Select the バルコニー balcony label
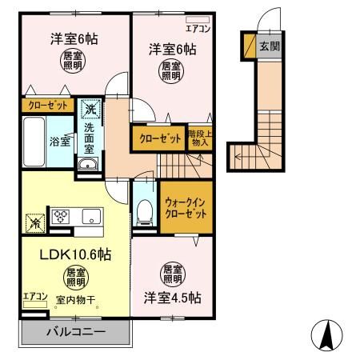pos(75,331)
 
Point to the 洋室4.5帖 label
pos(173,297)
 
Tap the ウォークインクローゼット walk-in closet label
pos(186,209)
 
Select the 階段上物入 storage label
pos(199,138)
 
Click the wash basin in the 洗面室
pos(86,165)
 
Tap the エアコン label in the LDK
pos(34,297)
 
